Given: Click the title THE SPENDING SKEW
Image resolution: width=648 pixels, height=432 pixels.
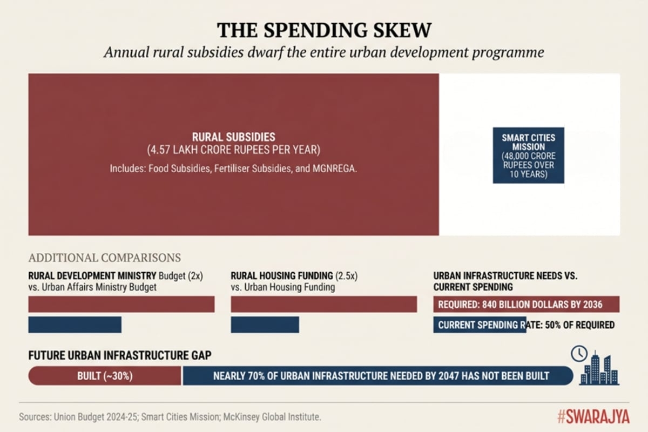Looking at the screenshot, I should pos(324,30).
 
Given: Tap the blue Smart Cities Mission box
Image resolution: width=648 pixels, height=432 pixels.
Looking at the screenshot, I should pos(528,155).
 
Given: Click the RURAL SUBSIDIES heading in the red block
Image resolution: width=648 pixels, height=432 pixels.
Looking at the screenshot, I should pos(233,137).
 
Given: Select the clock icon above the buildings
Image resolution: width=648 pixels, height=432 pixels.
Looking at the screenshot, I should pos(579,354).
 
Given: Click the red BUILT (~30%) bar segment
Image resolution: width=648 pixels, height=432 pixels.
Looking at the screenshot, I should pos(105,376).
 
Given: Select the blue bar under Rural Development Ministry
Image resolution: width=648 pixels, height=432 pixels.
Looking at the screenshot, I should pos(75,325).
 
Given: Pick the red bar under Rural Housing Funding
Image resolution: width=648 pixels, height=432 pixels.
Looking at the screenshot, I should pos(323,304).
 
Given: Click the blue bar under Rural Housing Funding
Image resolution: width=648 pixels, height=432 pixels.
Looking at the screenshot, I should pos(265,325).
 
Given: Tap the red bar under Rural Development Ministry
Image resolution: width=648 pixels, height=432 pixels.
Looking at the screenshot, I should pos(121,304).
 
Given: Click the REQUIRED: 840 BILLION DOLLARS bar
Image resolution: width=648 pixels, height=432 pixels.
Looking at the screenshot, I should pos(526,305).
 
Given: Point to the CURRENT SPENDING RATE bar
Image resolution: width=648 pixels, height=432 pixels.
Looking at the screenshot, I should pos(480,325).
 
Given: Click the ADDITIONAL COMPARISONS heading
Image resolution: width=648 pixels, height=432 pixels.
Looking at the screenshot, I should pos(104,258).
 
